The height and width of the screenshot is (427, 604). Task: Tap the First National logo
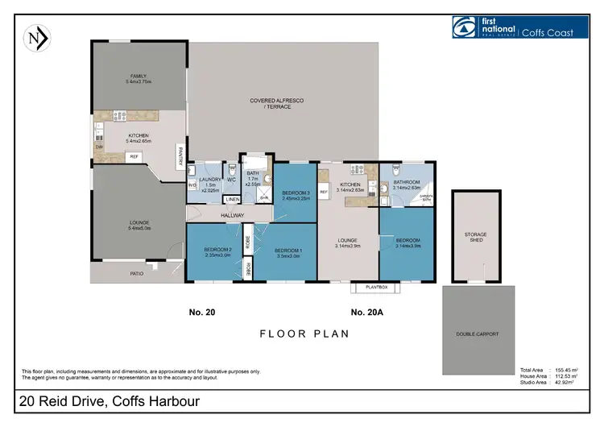click(x=465, y=27)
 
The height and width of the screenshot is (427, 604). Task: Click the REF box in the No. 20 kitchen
click(x=134, y=156)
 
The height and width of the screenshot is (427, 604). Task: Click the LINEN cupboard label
click(x=231, y=199)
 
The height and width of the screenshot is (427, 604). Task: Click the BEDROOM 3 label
click(x=296, y=194)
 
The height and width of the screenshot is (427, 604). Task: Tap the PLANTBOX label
click(x=376, y=286)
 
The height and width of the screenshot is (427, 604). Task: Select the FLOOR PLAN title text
click(x=303, y=334)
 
